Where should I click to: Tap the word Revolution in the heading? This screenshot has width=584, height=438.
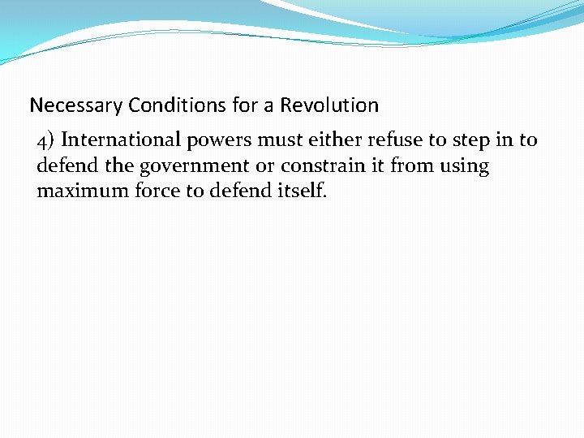click(x=329, y=105)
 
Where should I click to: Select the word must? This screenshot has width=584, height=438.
click(x=278, y=140)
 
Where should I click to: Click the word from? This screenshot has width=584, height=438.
click(x=411, y=166)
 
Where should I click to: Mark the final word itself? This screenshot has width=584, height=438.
click(x=302, y=192)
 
